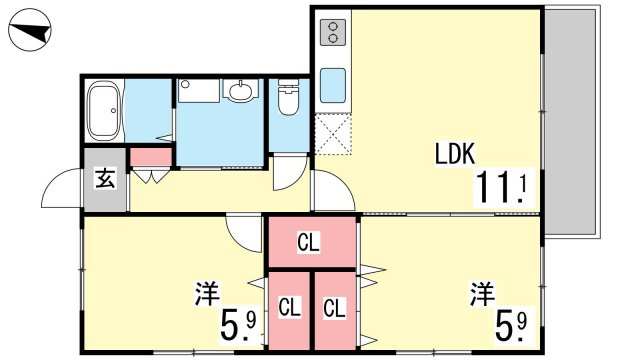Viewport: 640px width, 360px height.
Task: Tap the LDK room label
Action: tap(455, 154)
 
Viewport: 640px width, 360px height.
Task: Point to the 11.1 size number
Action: tap(503, 187)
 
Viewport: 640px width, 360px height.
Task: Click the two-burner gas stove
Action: tap(333, 32)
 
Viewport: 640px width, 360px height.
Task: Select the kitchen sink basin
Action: tap(333, 85)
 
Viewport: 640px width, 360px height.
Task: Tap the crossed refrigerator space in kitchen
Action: tap(333, 134)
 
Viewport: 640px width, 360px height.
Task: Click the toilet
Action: tap(288, 97)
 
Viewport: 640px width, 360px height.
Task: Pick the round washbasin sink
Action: tap(241, 90)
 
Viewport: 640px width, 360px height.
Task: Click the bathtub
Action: tap(104, 111)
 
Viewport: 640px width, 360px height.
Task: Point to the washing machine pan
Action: tap(199, 91)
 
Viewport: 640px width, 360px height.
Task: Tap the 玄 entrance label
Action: tap(105, 178)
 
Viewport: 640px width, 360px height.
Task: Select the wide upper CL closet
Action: tap(312, 242)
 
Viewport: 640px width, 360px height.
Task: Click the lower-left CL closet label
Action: tap(289, 307)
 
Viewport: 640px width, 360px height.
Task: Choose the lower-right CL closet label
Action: tap(335, 308)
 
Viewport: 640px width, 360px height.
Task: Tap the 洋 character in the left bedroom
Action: tap(207, 293)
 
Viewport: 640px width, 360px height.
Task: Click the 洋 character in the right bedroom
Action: tap(482, 294)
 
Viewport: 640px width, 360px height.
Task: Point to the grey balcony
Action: tap(571, 122)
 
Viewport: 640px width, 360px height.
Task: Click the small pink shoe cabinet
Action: tap(151, 157)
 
